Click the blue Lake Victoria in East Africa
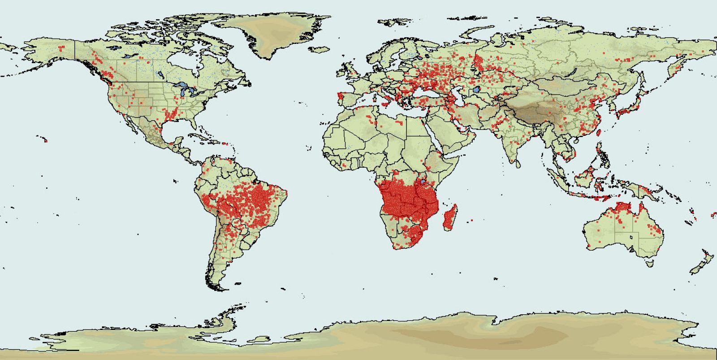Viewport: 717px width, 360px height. [x=423, y=182]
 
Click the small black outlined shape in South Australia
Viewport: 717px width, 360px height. [x=631, y=237]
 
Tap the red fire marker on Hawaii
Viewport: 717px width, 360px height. [x=46, y=141]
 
